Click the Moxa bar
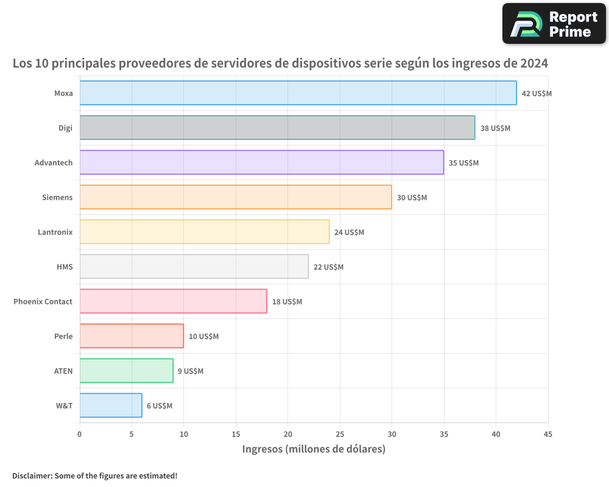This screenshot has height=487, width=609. [x=298, y=93]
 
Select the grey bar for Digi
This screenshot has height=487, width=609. [x=277, y=128]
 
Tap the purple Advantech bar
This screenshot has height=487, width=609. [x=261, y=163]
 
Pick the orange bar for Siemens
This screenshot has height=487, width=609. [x=236, y=197]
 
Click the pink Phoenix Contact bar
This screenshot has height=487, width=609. [x=173, y=301]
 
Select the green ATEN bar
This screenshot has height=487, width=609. [x=126, y=371]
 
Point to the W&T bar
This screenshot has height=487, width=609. [x=111, y=405]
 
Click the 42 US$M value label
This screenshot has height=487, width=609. [x=537, y=94]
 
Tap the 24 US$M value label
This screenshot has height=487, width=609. [x=349, y=233]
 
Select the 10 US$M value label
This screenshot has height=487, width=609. [x=203, y=337]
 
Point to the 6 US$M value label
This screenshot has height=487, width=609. [x=160, y=406]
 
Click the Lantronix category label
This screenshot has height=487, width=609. [x=55, y=233]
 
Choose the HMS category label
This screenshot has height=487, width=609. [x=64, y=267]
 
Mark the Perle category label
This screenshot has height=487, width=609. [x=63, y=337]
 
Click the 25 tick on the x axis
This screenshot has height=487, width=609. [x=340, y=435]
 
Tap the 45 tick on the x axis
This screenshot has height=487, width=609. [x=548, y=435]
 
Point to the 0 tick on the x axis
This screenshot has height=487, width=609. [x=80, y=435]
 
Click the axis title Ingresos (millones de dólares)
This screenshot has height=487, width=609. [x=314, y=449]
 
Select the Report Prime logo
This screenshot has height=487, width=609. [x=554, y=24]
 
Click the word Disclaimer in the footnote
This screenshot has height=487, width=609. [x=31, y=476]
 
